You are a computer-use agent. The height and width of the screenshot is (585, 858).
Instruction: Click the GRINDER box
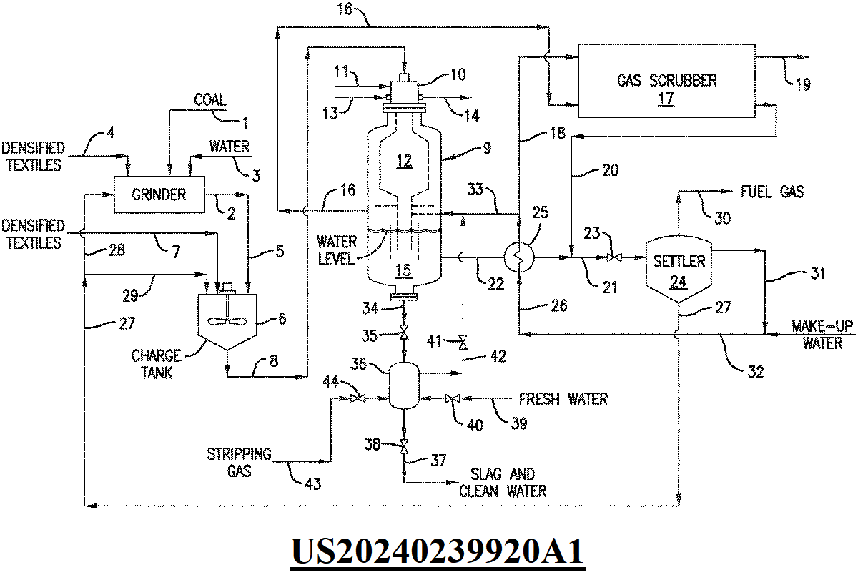pos(159,194)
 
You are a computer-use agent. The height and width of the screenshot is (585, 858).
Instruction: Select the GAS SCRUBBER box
pos(666,79)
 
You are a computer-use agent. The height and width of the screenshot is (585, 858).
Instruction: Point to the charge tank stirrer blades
pos(226,320)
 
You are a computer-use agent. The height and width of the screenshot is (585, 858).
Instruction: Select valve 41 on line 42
pos(463,341)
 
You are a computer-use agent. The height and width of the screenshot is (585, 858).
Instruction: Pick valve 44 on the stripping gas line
pos(358,398)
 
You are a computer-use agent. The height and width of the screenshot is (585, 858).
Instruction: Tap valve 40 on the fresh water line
pos(451,398)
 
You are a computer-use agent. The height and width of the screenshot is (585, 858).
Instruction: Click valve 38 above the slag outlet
pos(405,448)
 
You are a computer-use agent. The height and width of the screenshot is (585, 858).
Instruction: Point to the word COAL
pos(209,101)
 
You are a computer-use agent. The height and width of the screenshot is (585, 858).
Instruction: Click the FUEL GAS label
pos(772,192)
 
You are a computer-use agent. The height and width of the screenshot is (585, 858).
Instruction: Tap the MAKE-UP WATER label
pos(822,335)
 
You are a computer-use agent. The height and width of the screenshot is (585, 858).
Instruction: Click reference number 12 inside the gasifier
pos(404,162)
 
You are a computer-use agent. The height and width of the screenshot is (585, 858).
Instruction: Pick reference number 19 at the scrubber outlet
pos(802,84)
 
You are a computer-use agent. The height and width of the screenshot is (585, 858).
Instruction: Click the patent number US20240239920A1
pos(437,552)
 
